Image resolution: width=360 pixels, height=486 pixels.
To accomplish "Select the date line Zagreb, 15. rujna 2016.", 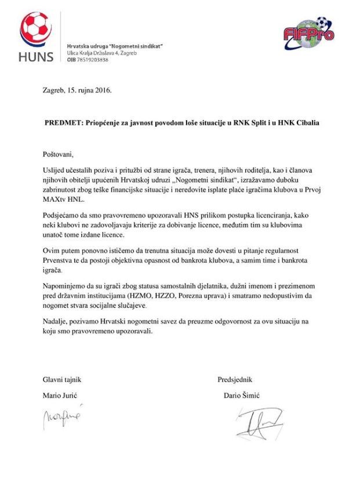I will coord(77,91).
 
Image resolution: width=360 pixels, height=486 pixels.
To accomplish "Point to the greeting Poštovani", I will coord(59,155).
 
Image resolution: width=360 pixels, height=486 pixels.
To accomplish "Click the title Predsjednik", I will coord(235,380).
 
